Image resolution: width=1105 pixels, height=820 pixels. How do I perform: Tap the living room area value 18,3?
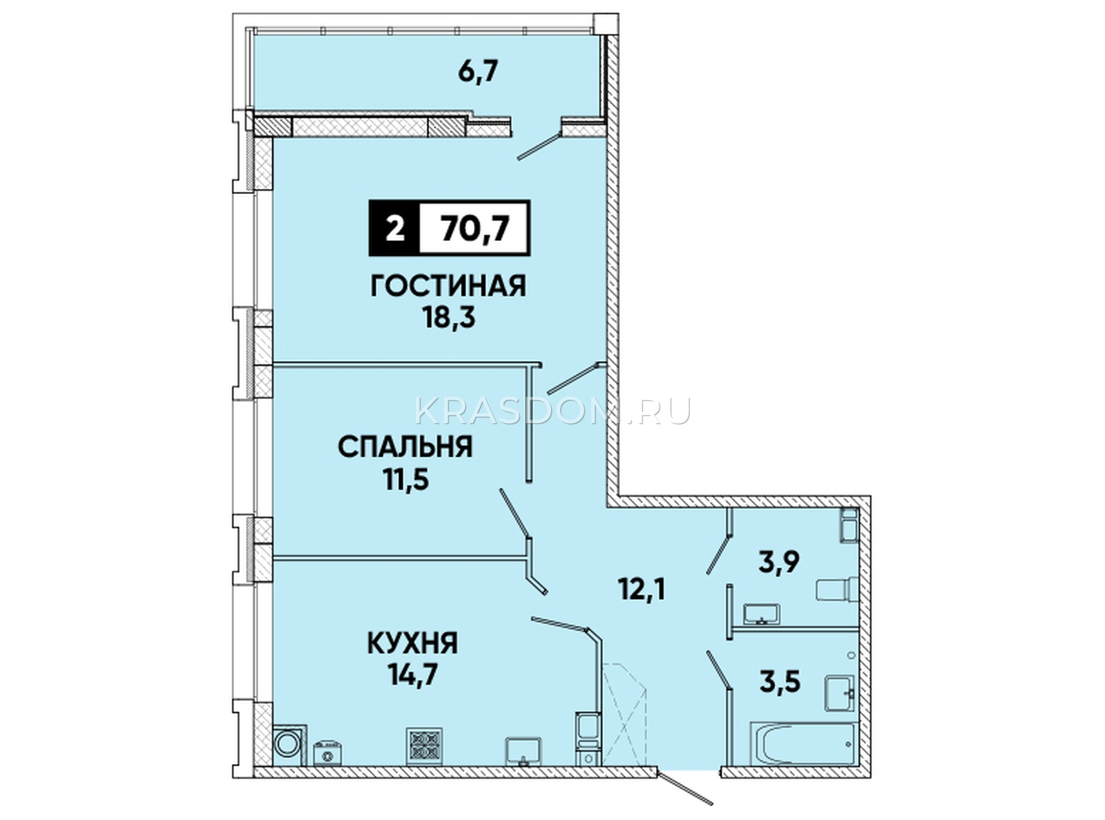(449, 318)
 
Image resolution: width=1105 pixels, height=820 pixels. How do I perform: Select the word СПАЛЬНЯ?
(405, 447)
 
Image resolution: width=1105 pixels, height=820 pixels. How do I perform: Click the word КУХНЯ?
(412, 643)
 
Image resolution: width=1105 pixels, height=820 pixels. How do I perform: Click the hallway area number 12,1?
(642, 590)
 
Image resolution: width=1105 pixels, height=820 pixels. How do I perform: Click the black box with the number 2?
(394, 228)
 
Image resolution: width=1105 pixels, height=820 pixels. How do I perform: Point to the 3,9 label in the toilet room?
(780, 563)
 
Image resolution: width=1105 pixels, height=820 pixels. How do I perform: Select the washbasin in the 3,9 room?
(762, 614)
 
